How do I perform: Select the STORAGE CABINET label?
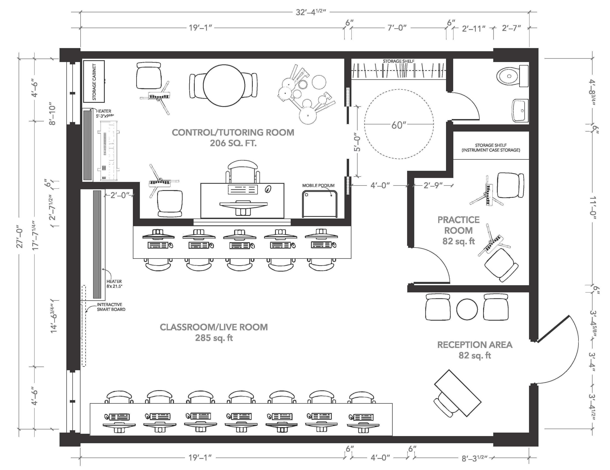94,81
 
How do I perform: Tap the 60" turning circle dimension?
399,125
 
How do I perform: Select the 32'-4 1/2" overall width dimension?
311,12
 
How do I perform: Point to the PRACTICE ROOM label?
458,225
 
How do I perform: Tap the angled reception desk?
457,393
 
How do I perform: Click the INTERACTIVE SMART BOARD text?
111,307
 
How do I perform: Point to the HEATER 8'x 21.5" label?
114,284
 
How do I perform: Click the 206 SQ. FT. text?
233,143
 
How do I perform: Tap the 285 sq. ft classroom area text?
214,338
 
